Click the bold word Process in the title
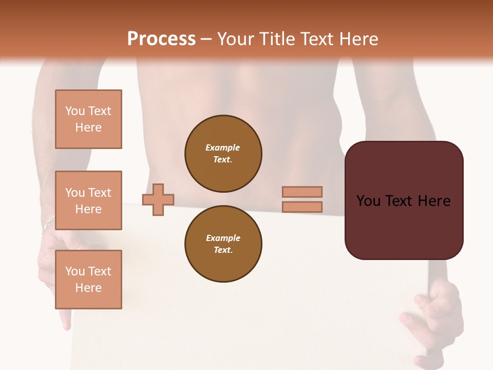[161, 39]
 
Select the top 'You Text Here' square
[88, 119]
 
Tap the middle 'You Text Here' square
[88, 200]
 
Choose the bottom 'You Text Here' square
[88, 280]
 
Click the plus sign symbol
[158, 199]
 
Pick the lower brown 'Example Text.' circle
[223, 244]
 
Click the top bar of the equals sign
[302, 192]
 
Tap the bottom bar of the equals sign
[302, 207]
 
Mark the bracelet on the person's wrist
[48, 223]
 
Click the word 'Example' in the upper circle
[222, 147]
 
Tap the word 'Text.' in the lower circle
[223, 250]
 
